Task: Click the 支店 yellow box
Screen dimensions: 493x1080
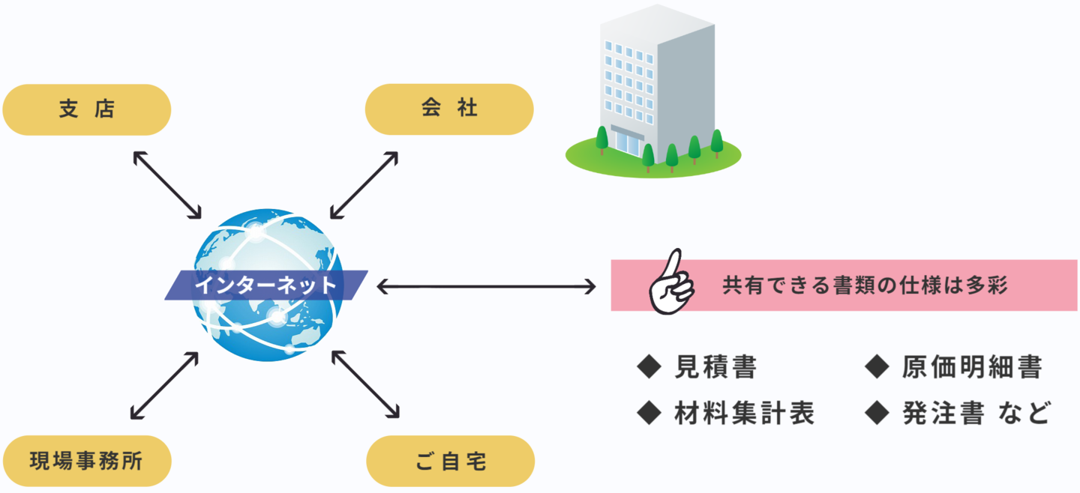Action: tap(87, 109)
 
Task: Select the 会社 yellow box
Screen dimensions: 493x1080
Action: tap(448, 109)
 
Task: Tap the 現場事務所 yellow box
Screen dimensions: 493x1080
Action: tap(87, 461)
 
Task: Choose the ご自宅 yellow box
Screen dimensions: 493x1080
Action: tap(451, 461)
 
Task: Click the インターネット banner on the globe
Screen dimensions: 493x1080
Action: tap(266, 285)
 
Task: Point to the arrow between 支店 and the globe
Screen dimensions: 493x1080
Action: tap(166, 184)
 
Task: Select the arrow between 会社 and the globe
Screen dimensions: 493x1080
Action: tap(364, 184)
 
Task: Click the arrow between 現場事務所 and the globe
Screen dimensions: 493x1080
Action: tap(164, 385)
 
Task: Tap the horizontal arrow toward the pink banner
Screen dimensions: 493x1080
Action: tap(486, 286)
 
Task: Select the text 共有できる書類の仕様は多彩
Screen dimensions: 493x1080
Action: tap(864, 285)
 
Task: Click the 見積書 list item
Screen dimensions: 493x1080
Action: tap(715, 367)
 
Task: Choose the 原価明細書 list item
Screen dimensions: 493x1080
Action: tap(972, 367)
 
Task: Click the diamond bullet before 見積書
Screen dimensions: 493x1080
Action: tap(648, 367)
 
